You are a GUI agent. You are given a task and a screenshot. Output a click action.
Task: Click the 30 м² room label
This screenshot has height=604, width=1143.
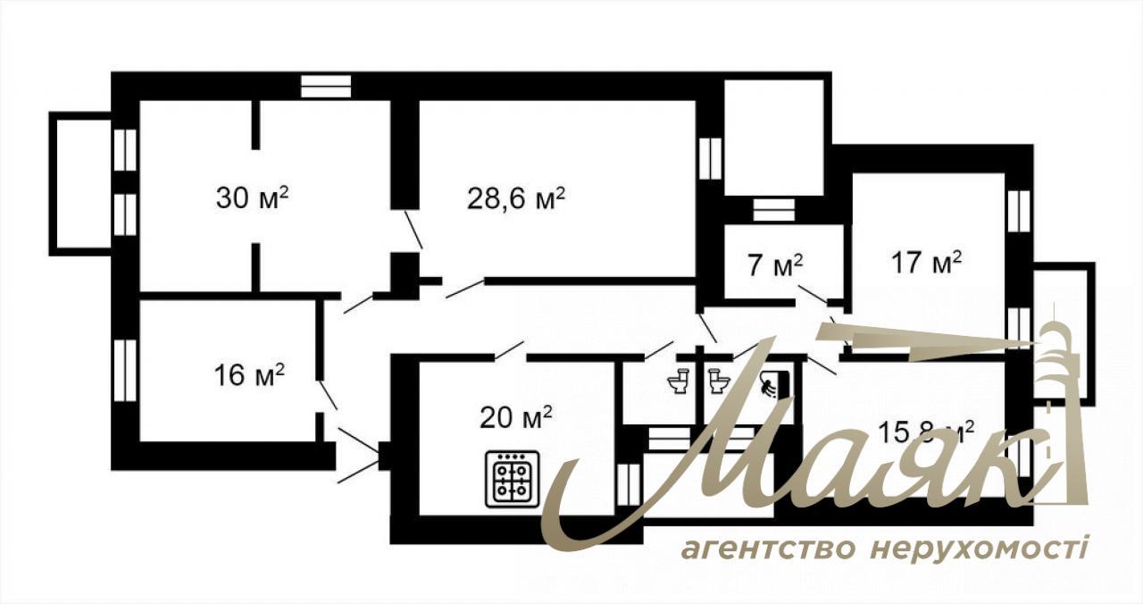pos(252,197)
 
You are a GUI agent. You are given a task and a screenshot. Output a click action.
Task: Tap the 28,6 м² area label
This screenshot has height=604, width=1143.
pos(516,198)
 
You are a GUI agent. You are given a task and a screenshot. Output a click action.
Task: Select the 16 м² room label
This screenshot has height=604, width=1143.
pos(249,375)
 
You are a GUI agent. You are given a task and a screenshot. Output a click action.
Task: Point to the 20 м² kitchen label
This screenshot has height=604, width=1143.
pos(516,417)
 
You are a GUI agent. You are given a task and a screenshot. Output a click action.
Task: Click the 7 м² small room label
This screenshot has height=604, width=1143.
pos(776,265)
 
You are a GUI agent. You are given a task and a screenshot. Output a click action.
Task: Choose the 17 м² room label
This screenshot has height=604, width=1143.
pos(927,262)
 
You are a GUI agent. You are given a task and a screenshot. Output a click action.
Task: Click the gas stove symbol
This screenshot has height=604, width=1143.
pos(512,479)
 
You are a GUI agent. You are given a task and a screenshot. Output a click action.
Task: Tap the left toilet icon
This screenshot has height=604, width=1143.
pos(680,381)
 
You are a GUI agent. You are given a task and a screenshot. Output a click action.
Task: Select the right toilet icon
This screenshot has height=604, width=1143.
pos(719,381)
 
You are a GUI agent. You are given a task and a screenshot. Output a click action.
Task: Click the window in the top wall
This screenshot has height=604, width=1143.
pos(326,86)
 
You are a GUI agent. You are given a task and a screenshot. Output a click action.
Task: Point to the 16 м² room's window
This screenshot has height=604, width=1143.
pos(125,371)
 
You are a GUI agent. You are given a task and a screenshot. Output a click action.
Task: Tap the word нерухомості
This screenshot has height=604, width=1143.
pos(979,549)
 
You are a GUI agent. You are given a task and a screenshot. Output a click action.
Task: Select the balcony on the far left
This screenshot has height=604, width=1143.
pos(80,184)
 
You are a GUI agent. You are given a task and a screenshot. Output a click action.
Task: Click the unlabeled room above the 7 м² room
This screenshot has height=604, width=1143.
pos(774,138)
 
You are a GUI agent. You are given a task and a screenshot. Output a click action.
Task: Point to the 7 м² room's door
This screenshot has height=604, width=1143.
pos(813,294)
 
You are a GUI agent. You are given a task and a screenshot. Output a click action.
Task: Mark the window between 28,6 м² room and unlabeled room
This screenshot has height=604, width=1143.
pos(710,158)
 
